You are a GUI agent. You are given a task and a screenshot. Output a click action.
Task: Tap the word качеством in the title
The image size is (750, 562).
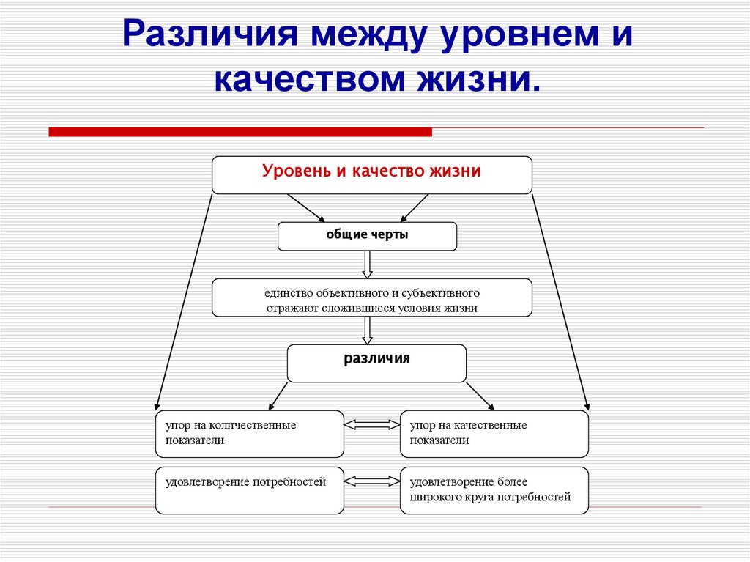311,78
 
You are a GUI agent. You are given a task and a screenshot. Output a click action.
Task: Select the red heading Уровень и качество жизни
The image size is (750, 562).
372,171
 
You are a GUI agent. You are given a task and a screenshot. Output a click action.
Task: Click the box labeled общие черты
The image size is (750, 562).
367,236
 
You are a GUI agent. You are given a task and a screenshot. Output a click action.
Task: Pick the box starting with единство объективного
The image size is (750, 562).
372,298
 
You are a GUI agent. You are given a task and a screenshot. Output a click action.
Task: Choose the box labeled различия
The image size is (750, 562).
376,363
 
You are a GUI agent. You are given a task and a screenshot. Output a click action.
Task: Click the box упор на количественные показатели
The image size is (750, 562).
250,434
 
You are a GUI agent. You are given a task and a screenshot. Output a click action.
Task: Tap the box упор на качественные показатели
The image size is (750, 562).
494,434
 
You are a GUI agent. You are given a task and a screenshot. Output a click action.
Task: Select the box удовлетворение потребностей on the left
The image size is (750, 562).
250,489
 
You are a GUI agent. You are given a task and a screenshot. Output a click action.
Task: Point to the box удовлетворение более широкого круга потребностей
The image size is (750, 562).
494,489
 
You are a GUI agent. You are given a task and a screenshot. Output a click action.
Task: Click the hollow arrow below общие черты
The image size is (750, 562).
368,265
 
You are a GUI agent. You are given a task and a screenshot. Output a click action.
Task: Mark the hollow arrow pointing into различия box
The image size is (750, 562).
368,330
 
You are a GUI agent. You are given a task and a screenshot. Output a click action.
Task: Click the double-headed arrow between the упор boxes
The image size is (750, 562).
372,424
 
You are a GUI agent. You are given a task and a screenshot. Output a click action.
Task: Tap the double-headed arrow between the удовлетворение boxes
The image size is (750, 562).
372,481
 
